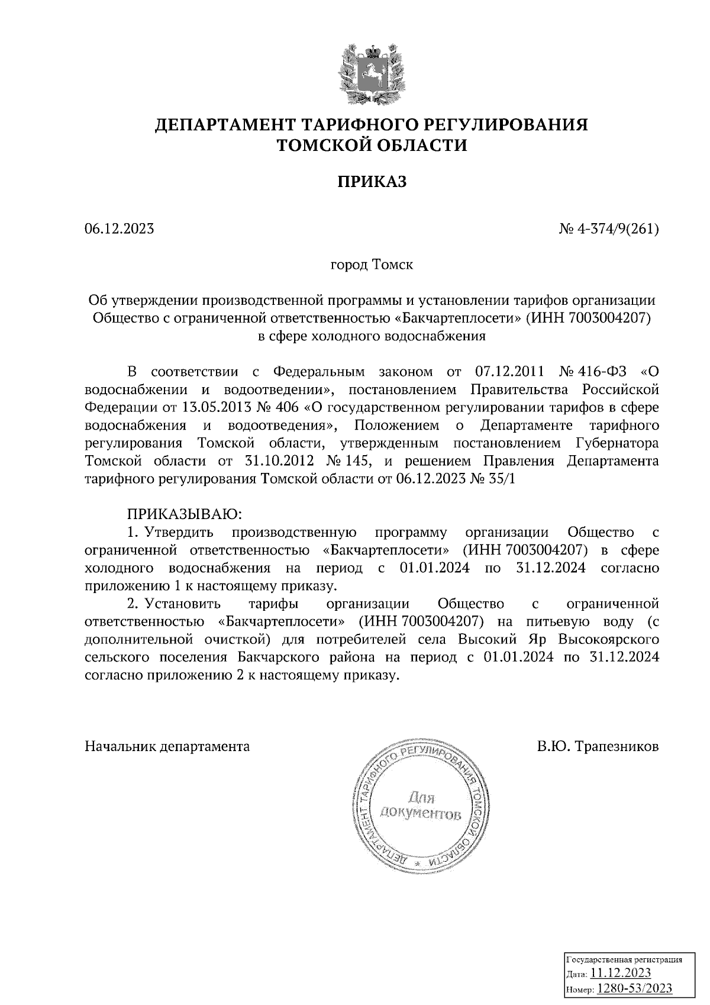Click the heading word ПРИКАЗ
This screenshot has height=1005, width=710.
tap(372, 182)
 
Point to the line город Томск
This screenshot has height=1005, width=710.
tap(372, 265)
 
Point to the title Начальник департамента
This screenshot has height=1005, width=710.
tap(167, 746)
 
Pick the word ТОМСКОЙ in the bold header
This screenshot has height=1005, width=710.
tap(322, 145)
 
